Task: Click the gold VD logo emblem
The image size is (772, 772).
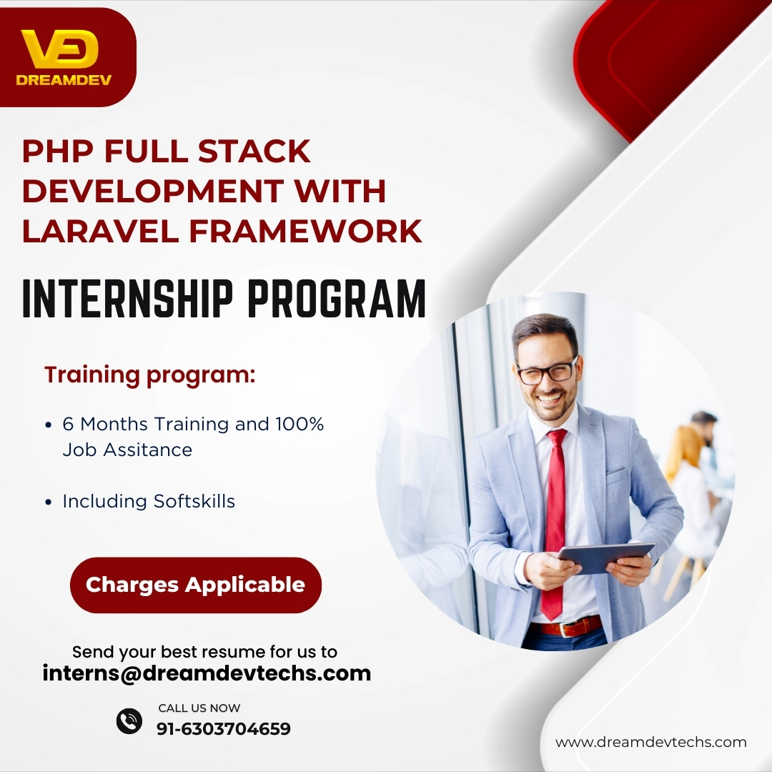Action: coord(59,49)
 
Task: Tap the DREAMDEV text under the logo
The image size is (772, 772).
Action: coord(64,80)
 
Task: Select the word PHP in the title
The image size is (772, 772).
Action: coord(58,151)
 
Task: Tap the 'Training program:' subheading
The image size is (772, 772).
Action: coord(149,375)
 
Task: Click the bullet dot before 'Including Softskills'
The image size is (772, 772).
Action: coord(49,503)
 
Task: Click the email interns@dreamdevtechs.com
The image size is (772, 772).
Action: coord(207,673)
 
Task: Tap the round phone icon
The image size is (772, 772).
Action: coord(129,721)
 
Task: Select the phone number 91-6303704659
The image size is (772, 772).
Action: coord(224,728)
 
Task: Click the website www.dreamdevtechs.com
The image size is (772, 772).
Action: coord(651,742)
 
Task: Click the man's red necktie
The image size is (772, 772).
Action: coord(555,523)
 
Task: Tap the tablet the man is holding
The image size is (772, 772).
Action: coord(606,558)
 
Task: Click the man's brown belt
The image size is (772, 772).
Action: coord(566,627)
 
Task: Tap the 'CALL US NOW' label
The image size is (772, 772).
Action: coord(199,708)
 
